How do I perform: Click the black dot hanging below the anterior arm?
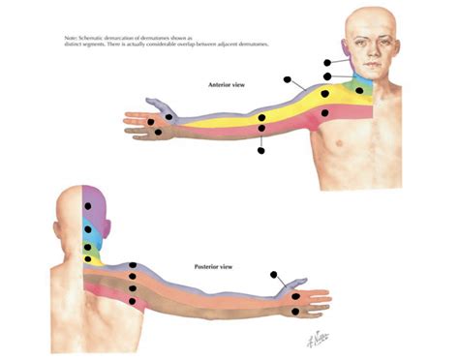point(262,149)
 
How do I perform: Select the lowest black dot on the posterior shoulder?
point(132,302)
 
